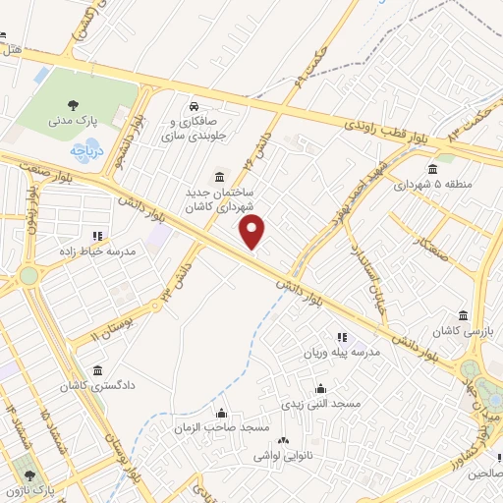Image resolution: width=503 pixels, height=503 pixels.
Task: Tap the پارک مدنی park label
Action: [x=71, y=122]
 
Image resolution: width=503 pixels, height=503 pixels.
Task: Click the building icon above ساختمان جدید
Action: [x=218, y=168]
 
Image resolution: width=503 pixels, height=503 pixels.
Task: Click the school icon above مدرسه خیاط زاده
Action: [x=96, y=236]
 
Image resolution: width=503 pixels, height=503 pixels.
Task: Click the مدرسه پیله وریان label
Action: [x=352, y=353]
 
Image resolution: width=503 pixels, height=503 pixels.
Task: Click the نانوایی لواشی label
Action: [x=282, y=456]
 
